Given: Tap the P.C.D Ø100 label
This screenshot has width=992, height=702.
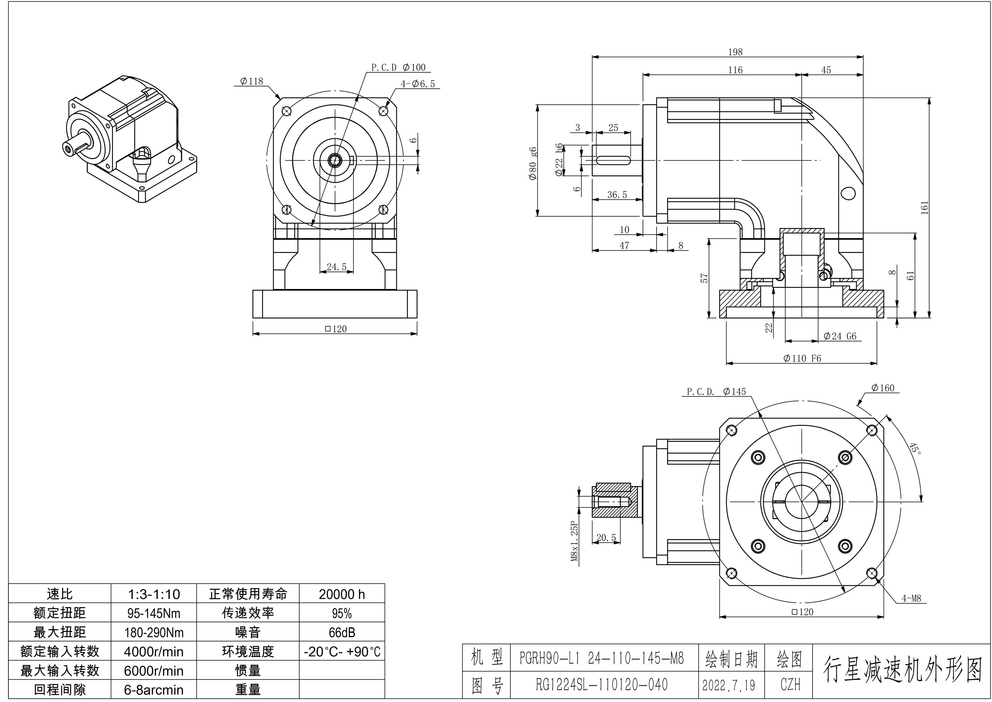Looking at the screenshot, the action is tap(398, 67).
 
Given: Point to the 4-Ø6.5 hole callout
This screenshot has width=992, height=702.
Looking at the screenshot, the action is tap(418, 84).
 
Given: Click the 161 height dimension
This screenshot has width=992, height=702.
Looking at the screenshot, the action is tap(924, 208).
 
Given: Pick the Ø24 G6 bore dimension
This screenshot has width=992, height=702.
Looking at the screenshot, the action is tap(840, 336).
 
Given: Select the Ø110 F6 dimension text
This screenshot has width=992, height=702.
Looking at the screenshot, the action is tap(802, 358).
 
